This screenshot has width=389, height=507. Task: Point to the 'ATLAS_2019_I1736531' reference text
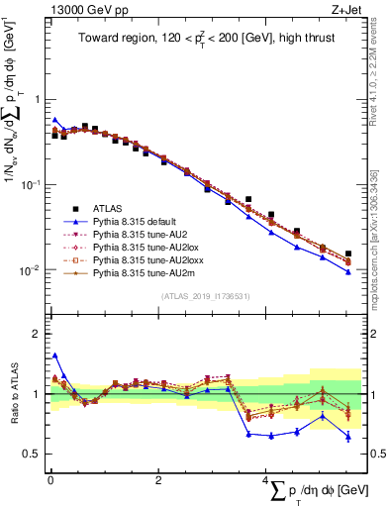(204, 297)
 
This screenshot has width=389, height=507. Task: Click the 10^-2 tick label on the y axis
(30, 270)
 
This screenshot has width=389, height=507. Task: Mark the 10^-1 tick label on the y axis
(30, 185)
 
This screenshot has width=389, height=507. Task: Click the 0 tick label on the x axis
(50, 481)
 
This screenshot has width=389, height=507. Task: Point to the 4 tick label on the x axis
(264, 481)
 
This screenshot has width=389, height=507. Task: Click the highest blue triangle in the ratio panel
(54, 355)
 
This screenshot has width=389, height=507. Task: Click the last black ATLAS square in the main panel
(347, 254)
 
